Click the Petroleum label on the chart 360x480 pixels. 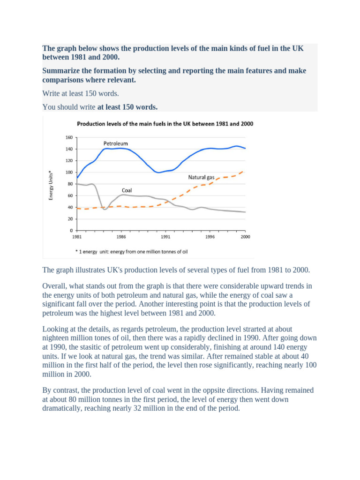coord(115,143)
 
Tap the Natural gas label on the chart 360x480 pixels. coord(201,178)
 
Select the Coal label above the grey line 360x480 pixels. coord(127,190)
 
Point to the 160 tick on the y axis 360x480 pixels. coord(69,138)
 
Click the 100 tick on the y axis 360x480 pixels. coord(69,172)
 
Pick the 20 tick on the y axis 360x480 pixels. coord(70,219)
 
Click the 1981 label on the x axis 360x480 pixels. coord(77,237)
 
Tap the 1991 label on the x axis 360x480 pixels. coord(161,237)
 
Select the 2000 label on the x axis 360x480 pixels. coord(245,237)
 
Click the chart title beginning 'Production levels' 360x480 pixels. coord(165,124)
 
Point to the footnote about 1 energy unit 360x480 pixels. coord(131,251)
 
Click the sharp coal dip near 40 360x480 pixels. coord(105,209)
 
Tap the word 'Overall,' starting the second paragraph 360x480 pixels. coord(56,286)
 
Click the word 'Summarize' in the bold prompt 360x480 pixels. coord(61,70)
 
